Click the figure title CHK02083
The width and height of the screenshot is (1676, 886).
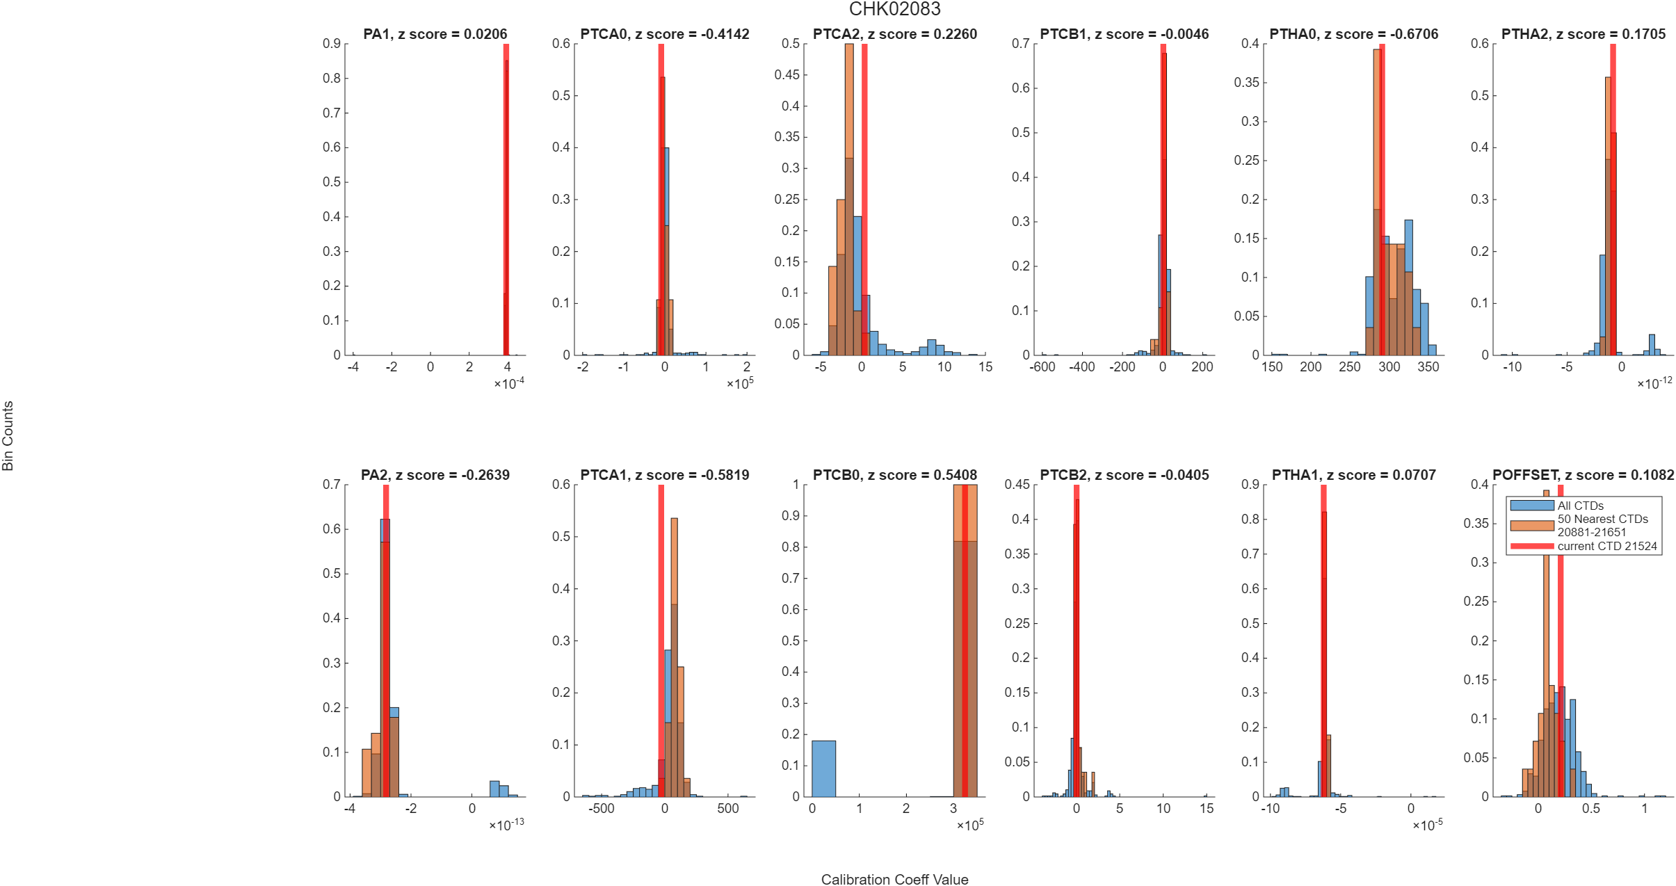894,9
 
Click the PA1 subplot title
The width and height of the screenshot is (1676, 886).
435,34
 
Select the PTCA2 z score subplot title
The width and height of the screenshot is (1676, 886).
895,34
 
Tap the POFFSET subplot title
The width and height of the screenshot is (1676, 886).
1583,475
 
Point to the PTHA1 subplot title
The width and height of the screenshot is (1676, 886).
1353,475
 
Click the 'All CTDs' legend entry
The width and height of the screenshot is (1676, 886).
1580,506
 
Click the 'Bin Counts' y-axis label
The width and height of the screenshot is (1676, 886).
8,435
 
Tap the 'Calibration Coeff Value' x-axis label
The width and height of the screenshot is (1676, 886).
894,879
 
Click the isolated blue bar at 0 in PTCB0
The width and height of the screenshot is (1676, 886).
823,768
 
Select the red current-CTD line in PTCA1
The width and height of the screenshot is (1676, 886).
661,641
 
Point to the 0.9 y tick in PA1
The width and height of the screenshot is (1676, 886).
331,44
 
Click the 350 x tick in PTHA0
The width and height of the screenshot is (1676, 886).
1428,367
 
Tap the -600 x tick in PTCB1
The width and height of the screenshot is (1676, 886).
1042,367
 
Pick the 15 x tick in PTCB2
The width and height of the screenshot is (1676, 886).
1207,808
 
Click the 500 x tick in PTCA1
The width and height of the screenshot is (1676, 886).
728,808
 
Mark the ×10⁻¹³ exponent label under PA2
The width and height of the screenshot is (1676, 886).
507,825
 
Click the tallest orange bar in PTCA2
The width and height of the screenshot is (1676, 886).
849,199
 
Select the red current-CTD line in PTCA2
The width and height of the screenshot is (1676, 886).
864,199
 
